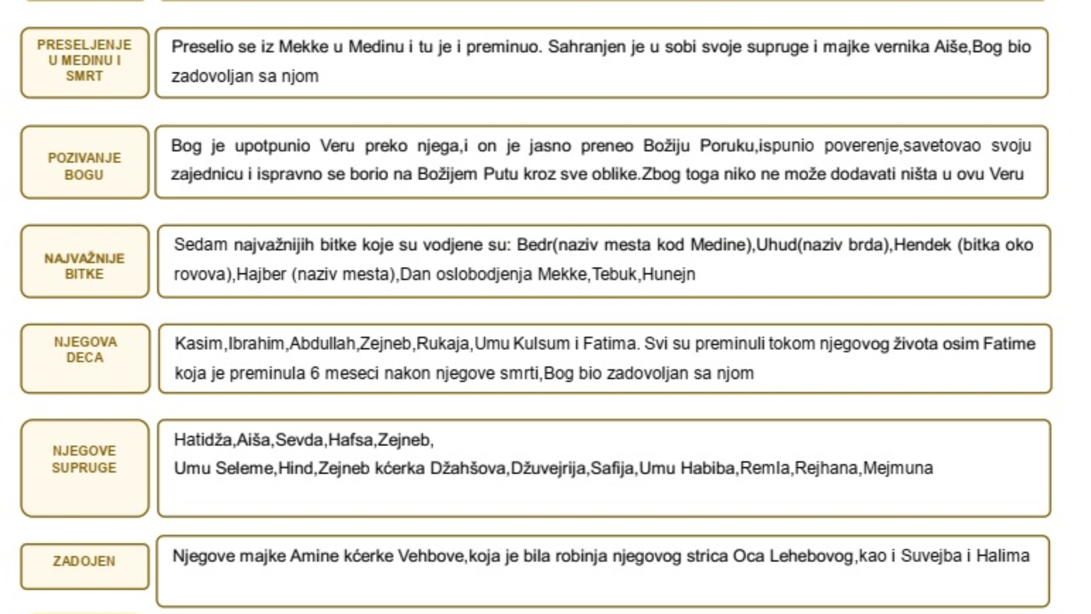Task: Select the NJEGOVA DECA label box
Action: [x=85, y=359]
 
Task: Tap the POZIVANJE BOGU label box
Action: [x=85, y=162]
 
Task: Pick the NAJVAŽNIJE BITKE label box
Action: [x=85, y=261]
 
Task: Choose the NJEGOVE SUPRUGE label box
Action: [x=85, y=468]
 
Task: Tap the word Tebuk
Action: [x=614, y=274]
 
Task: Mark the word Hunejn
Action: [x=669, y=274]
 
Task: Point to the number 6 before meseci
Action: [x=315, y=373]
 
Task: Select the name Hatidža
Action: [x=203, y=440]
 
